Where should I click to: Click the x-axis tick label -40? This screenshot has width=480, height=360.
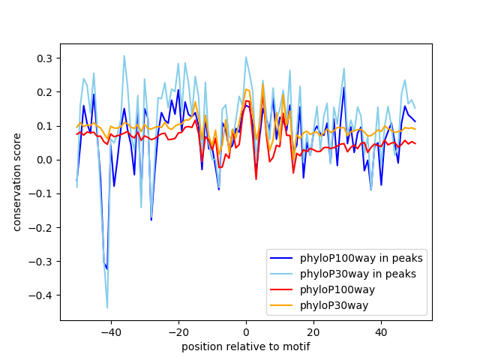coord(110,331)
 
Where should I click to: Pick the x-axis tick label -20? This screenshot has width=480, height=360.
coord(178,331)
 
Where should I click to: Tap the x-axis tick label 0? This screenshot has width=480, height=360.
coord(246,331)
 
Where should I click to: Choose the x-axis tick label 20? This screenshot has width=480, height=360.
coord(313,331)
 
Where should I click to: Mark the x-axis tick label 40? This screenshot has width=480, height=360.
coord(381,331)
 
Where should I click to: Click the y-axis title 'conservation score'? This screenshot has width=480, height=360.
coord(16,181)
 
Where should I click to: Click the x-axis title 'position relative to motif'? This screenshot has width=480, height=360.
coord(246,346)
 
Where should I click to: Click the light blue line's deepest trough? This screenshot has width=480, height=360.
coord(107,307)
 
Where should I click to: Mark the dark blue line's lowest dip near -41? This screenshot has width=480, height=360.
coord(106,268)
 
